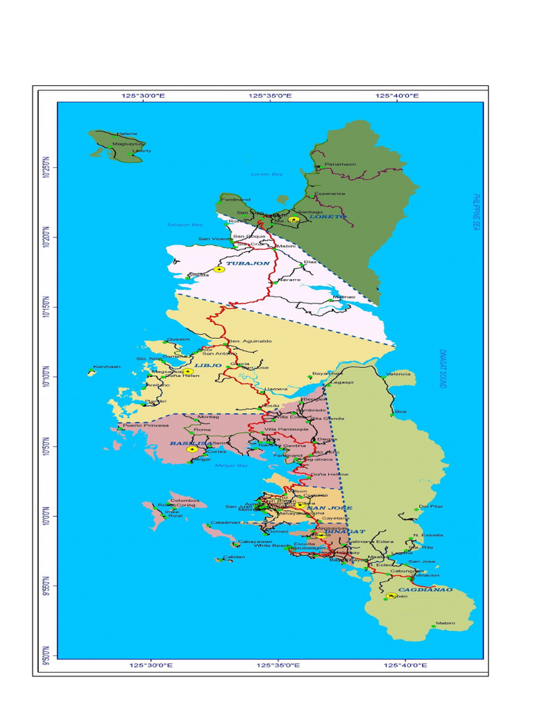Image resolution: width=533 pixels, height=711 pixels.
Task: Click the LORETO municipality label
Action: [328, 217]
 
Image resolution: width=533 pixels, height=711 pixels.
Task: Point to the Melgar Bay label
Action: [231, 465]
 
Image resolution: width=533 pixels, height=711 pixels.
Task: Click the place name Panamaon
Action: [340, 164]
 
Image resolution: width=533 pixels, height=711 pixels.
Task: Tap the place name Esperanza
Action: [330, 193]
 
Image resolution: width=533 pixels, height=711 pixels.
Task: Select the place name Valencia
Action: [398, 374]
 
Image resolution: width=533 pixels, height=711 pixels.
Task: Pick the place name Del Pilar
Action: [431, 506]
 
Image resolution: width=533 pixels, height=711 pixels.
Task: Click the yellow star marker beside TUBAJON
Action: [219, 269]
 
